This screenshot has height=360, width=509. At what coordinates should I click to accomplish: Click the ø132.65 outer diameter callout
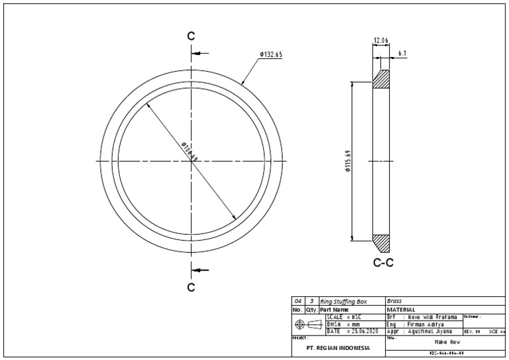point(271,54)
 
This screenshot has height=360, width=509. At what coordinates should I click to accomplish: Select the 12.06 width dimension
point(380,40)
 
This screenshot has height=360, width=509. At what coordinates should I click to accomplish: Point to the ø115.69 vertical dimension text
point(347,161)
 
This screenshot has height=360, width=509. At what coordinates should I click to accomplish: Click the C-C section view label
point(383,263)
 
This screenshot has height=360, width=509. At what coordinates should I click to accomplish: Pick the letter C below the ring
point(191,287)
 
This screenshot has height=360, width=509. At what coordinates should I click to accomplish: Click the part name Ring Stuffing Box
point(343,301)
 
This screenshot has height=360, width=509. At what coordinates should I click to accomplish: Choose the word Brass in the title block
point(394,301)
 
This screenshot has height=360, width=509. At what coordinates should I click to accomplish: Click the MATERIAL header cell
point(401,310)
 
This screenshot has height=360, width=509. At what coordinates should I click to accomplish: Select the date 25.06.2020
point(361,331)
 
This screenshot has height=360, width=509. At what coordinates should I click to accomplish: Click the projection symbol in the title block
point(308,324)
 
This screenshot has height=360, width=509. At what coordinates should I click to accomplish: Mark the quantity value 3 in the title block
point(311,301)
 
